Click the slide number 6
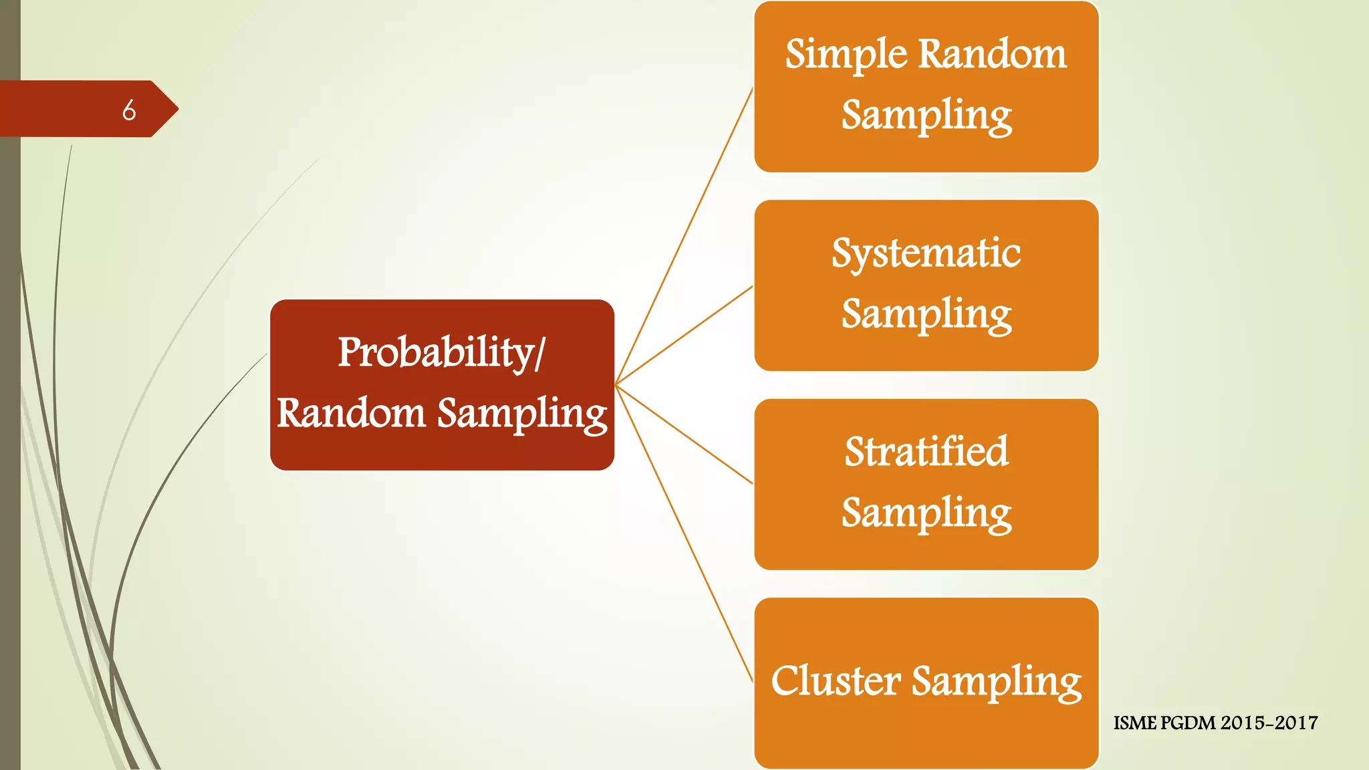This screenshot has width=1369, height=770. point(129,110)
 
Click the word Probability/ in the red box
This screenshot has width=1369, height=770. point(441,352)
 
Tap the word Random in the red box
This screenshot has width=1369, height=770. point(351,412)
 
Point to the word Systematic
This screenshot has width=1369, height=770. point(926,253)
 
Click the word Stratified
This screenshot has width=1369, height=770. point(926,452)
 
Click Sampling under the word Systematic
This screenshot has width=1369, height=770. point(926,314)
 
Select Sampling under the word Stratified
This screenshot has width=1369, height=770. point(926,513)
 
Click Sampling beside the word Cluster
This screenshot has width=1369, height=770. point(996,682)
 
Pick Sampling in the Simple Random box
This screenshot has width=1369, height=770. point(926,116)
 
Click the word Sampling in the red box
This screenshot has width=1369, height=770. point(522,414)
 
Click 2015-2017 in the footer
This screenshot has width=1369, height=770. point(1269,723)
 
